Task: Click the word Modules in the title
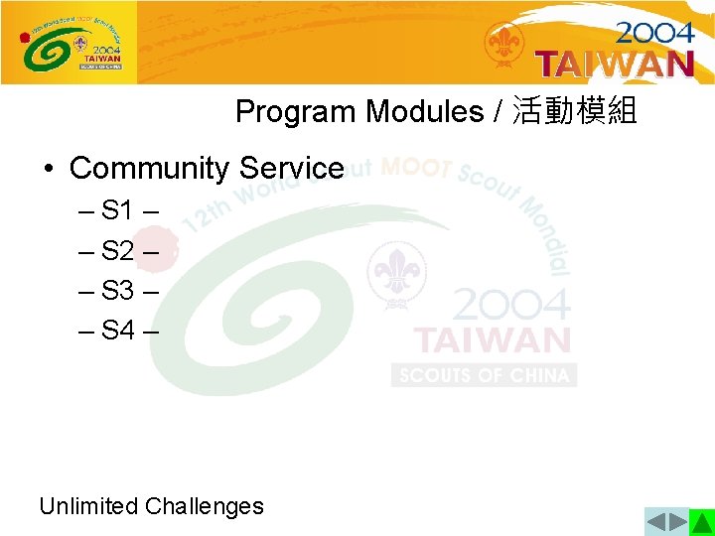coord(424,112)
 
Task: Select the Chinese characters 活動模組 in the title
coord(574,112)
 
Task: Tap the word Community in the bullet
coord(148,168)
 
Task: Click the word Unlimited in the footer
coord(88,506)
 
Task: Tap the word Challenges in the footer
coord(204,506)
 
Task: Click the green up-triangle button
coord(702,522)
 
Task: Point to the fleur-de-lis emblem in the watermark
coord(397,270)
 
